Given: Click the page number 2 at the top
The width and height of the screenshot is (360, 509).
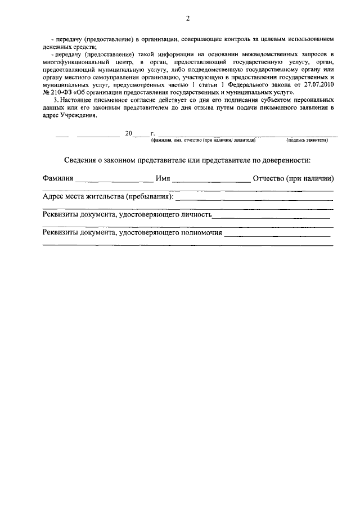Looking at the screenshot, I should click(x=188, y=18).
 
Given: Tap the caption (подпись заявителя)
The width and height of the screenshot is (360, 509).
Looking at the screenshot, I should click(x=307, y=140).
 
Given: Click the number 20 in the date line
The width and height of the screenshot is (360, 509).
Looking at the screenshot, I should click(x=128, y=134).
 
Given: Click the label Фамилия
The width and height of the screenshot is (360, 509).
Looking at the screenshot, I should click(x=58, y=179).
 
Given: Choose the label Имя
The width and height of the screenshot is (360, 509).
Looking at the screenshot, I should click(x=163, y=179).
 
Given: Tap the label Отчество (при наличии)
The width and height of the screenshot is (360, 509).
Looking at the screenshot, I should click(x=294, y=179).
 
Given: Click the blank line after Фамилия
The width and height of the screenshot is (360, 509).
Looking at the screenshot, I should click(x=114, y=182).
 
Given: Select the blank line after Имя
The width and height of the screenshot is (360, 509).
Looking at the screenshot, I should click(x=211, y=182).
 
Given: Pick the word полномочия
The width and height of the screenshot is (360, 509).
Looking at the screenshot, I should click(x=201, y=232).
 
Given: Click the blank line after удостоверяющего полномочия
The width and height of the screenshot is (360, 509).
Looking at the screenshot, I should click(x=277, y=235).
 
